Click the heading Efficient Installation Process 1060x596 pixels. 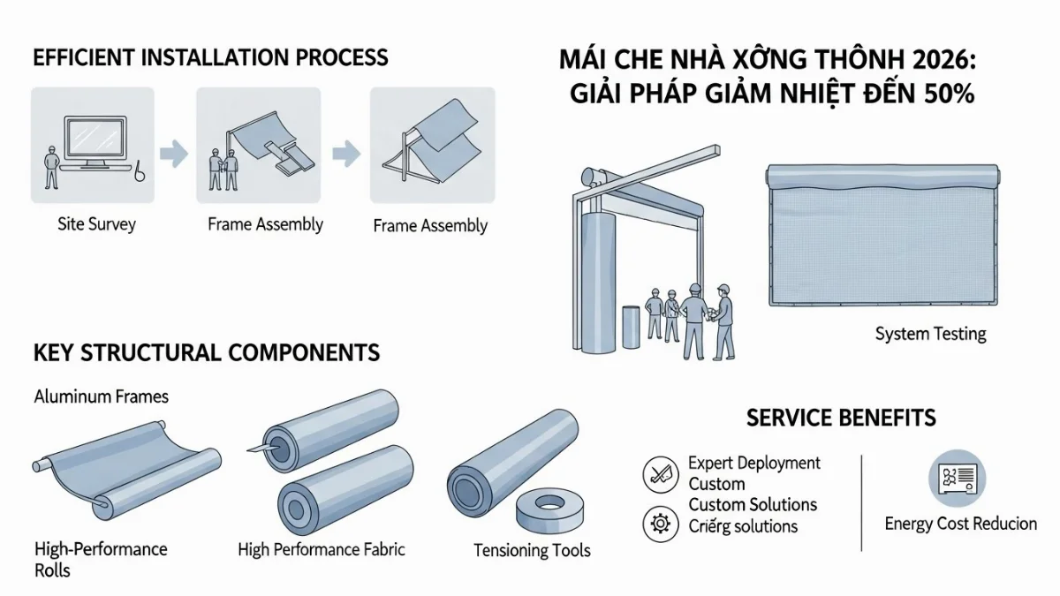click(x=210, y=58)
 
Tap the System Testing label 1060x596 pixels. click(x=930, y=334)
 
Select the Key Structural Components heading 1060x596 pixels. click(x=207, y=353)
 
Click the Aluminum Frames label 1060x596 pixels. click(x=102, y=396)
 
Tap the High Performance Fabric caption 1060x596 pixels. click(x=322, y=549)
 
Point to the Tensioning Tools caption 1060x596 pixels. click(x=532, y=551)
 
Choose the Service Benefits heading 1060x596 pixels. click(x=841, y=418)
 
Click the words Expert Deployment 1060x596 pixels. click(x=753, y=464)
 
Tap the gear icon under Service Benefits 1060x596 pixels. click(x=659, y=524)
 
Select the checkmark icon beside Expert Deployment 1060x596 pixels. click(x=659, y=475)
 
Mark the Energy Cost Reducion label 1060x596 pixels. click(x=960, y=524)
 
